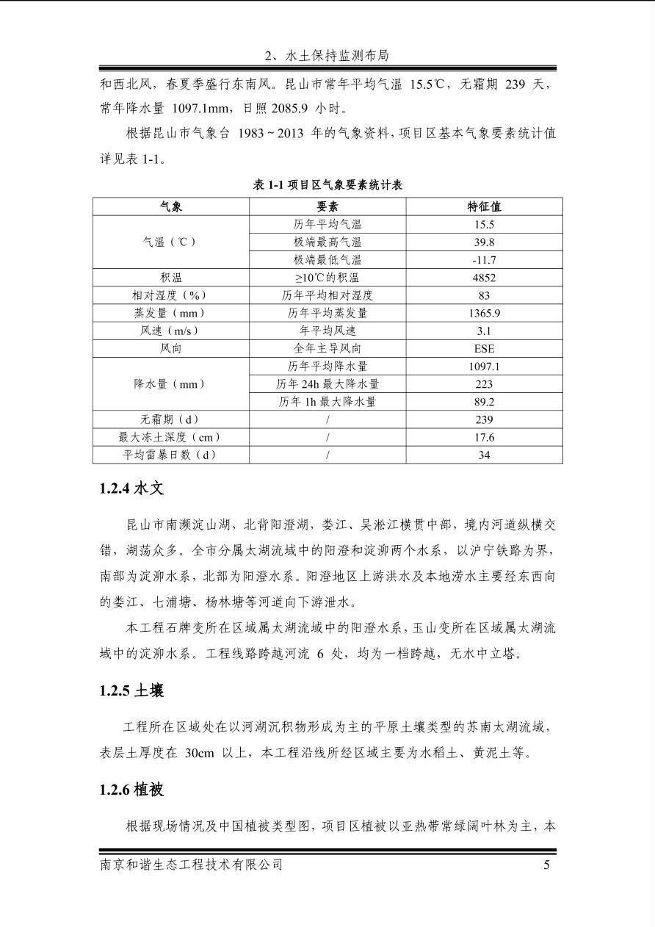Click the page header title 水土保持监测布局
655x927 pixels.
click(x=327, y=56)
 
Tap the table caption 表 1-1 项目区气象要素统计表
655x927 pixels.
click(x=327, y=185)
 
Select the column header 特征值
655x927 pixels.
click(x=484, y=206)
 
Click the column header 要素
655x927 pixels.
click(x=327, y=206)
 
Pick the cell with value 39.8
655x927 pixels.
click(x=484, y=242)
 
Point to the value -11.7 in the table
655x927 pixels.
click(x=484, y=260)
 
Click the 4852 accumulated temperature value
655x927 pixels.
click(x=484, y=278)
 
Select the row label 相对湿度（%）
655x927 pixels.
click(x=171, y=295)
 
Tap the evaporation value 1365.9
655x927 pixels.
click(x=484, y=313)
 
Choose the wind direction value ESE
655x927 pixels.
click(x=484, y=348)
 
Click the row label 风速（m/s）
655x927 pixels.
click(x=171, y=331)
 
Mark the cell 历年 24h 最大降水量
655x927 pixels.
click(x=327, y=384)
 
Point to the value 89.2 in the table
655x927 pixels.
click(x=484, y=402)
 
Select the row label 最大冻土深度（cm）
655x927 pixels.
click(x=171, y=437)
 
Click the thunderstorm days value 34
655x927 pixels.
click(x=484, y=455)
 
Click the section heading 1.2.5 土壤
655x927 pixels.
click(x=131, y=690)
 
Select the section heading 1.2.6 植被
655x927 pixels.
click(x=131, y=790)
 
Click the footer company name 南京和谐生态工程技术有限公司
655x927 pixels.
click(x=191, y=865)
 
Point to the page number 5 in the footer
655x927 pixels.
click(x=546, y=865)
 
